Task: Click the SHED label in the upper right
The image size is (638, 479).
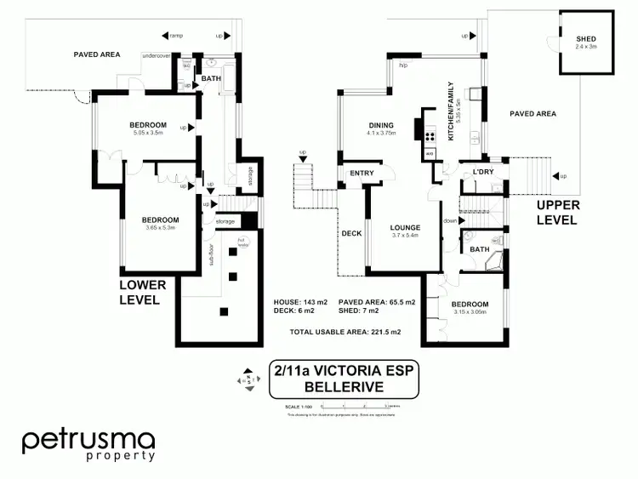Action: pos(586,39)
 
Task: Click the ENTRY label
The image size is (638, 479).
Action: pos(362,174)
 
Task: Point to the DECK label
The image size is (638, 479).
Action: pos(351,233)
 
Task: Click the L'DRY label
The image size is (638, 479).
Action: pos(484,174)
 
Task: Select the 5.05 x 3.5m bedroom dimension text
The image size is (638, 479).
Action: pos(147,133)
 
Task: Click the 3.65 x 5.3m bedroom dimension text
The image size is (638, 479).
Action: pos(160,227)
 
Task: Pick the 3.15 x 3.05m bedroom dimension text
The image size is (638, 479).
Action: pos(469,312)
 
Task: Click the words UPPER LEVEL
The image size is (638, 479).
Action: pos(558,213)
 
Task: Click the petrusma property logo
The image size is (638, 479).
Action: pos(88,444)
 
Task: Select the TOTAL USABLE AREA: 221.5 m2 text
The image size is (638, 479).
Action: pos(345,331)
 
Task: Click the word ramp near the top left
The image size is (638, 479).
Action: pos(177,35)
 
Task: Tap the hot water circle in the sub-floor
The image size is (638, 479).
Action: pos(242,242)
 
